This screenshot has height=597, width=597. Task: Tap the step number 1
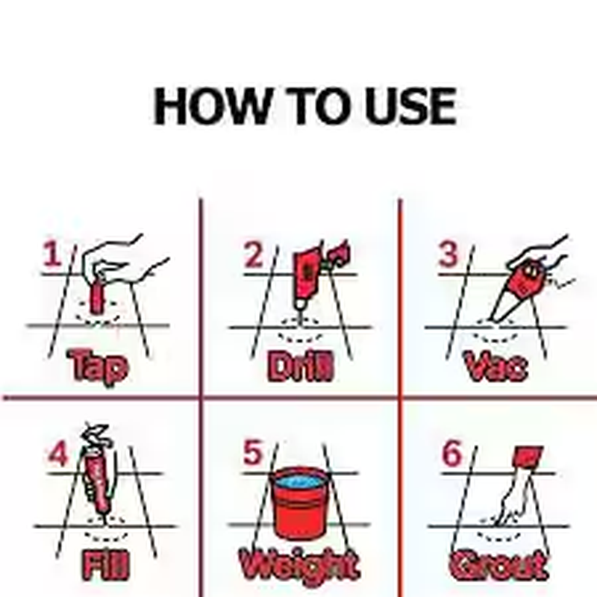[x=51, y=255]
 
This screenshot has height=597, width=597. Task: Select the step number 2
[x=254, y=255]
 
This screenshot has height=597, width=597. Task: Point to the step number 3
[x=448, y=254]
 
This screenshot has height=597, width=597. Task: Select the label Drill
[x=300, y=366]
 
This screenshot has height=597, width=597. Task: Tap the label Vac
[x=496, y=366]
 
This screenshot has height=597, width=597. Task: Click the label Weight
[x=298, y=566]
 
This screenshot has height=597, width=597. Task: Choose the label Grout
[x=498, y=566]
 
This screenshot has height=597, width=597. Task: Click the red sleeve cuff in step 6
[x=527, y=456]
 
